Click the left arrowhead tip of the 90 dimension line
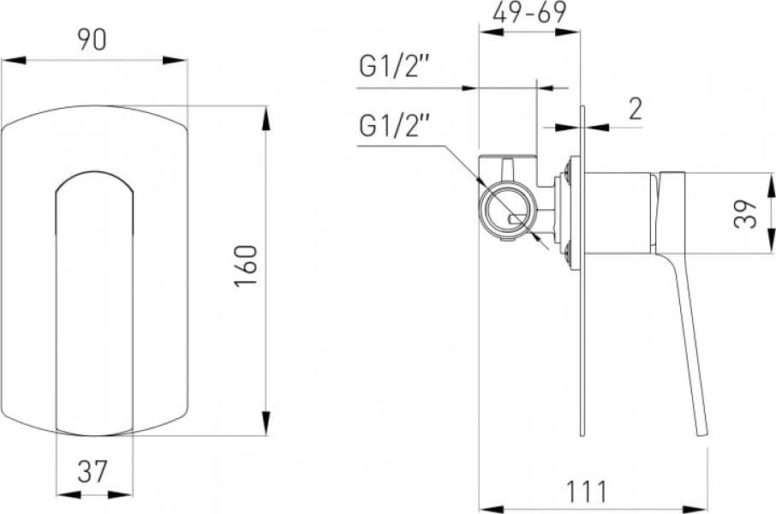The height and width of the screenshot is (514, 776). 2,61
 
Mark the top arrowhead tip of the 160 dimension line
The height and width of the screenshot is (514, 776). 266,106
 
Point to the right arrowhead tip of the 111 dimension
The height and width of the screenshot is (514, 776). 707,509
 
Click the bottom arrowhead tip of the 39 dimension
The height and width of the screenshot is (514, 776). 772,253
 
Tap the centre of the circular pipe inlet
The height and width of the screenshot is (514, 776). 507,212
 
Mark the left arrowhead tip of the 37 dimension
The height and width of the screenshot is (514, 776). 57,494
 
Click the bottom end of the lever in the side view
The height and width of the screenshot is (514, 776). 702,436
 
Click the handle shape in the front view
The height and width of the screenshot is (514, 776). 94,303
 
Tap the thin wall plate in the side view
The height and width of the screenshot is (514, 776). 582,271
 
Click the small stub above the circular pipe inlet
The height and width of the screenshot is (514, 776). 508,170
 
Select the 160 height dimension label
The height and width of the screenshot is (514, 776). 246,266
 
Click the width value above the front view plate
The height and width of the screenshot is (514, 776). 92,39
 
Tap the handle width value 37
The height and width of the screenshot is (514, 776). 93,471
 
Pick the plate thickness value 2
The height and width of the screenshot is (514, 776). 636,110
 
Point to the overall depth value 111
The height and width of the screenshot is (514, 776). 587,492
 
